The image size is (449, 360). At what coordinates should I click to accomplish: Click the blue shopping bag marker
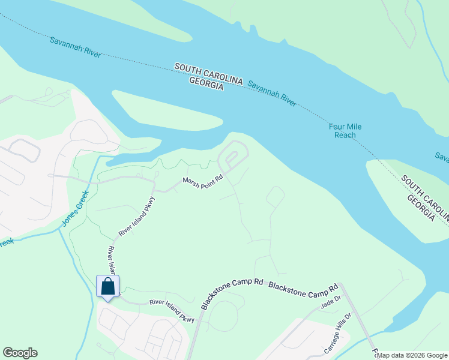(x=108, y=286)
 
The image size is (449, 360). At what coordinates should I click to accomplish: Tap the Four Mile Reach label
(x=345, y=131)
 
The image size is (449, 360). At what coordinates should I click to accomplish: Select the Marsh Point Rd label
(x=203, y=180)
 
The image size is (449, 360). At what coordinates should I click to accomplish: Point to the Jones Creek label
(x=74, y=208)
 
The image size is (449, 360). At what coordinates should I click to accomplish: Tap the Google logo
(x=20, y=353)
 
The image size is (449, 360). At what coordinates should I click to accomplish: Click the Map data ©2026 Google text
(x=412, y=355)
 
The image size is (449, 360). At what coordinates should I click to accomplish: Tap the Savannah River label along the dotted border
(x=75, y=48)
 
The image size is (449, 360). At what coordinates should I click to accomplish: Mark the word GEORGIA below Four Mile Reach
(x=420, y=207)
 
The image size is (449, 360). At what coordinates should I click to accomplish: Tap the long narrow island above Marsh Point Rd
(x=168, y=114)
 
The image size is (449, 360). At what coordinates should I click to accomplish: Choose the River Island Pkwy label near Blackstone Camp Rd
(x=173, y=311)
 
